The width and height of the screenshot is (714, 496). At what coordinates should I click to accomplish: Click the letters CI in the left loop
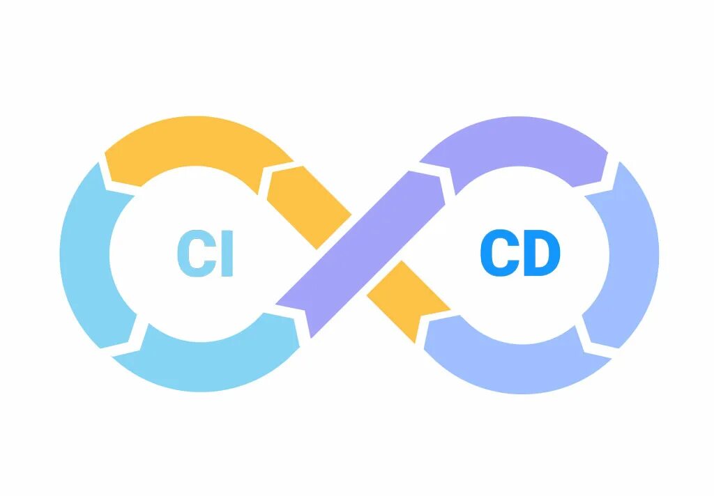(204, 254)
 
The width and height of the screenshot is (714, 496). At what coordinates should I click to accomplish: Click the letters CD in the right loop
(520, 254)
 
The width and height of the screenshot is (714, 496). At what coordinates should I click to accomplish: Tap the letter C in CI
(190, 254)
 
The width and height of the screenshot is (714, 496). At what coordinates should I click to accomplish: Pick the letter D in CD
(542, 254)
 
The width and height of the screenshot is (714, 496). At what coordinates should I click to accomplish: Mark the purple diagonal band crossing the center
(363, 251)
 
